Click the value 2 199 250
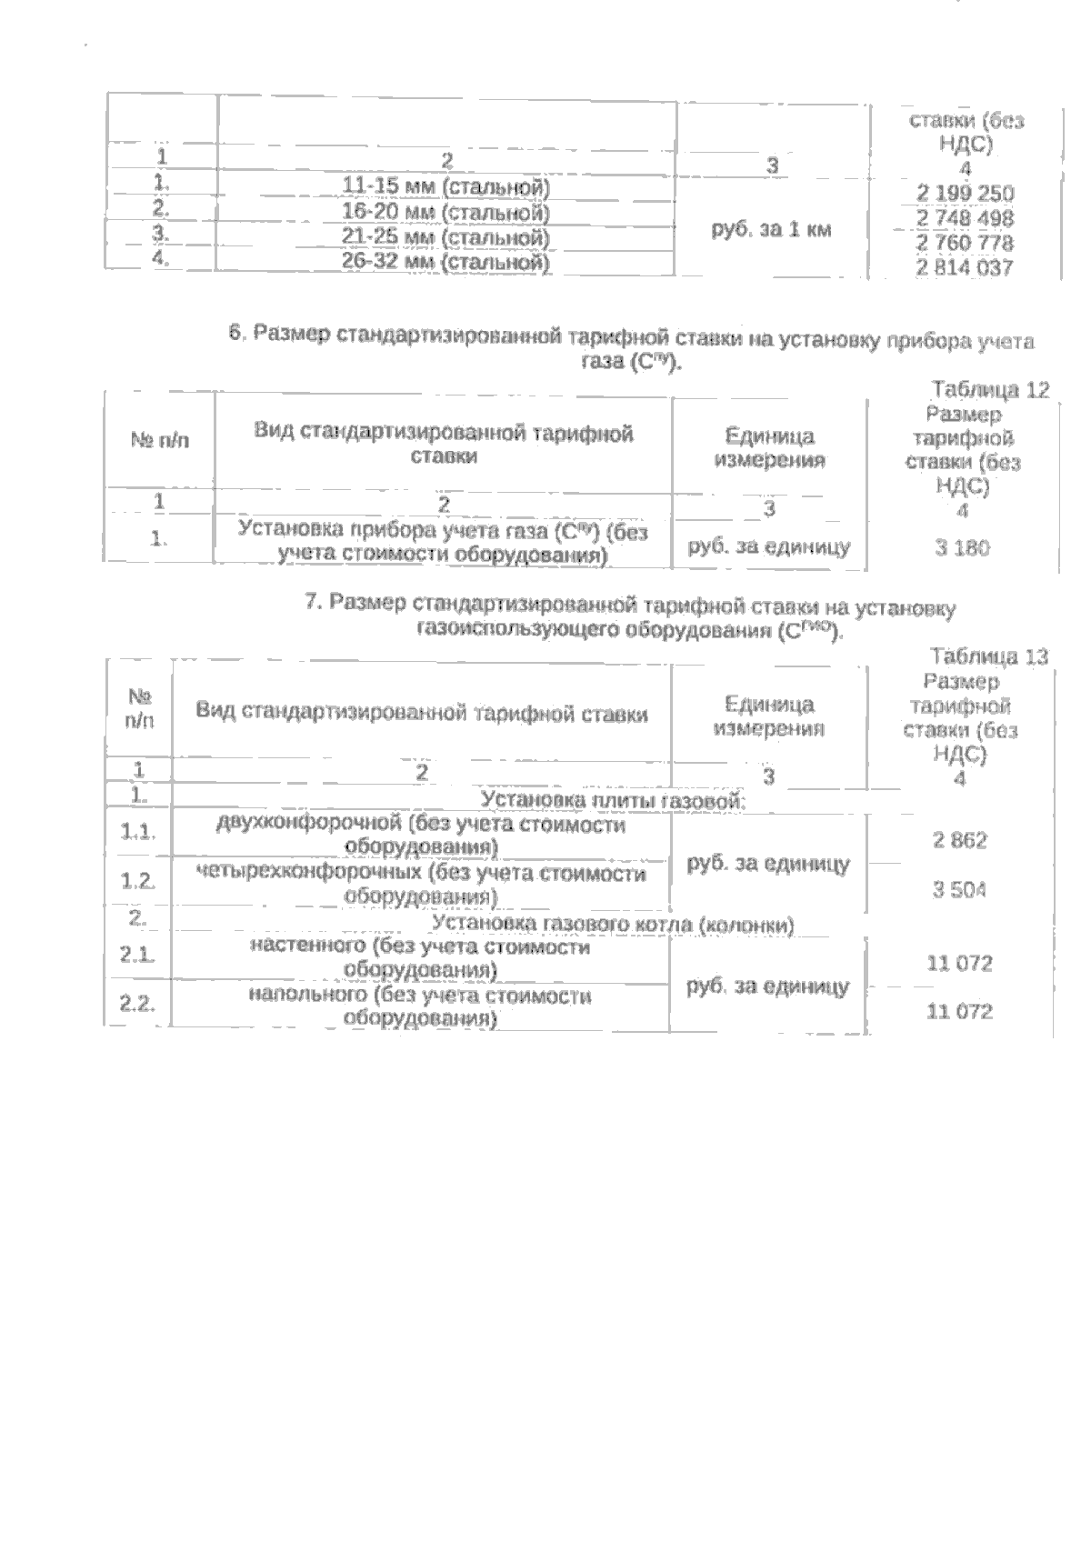pyautogui.click(x=965, y=194)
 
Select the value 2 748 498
pyautogui.click(x=965, y=218)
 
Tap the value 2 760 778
pyautogui.click(x=965, y=243)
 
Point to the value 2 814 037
pyautogui.click(x=965, y=268)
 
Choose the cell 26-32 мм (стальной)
pyautogui.click(x=446, y=263)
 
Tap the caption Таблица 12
pyautogui.click(x=990, y=390)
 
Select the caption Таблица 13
pyautogui.click(x=989, y=656)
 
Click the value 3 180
pyautogui.click(x=962, y=547)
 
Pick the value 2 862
pyautogui.click(x=959, y=841)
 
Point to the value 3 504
pyautogui.click(x=959, y=890)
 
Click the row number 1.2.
pyautogui.click(x=138, y=881)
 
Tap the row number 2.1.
pyautogui.click(x=138, y=955)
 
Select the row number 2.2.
pyautogui.click(x=138, y=1004)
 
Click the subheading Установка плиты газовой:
pyautogui.click(x=613, y=800)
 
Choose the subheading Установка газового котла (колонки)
pyautogui.click(x=614, y=925)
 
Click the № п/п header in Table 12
pyautogui.click(x=161, y=441)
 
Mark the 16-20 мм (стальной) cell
pyautogui.click(x=446, y=213)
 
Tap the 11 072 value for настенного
pyautogui.click(x=959, y=963)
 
